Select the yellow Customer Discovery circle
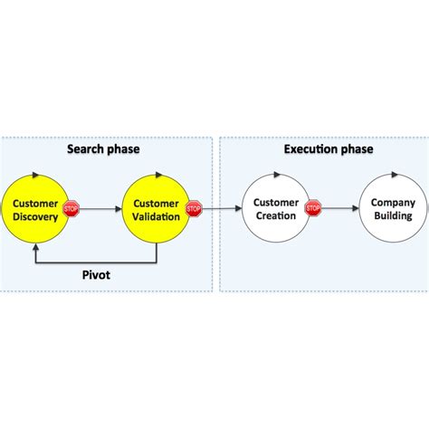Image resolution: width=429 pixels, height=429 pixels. pyautogui.click(x=36, y=209)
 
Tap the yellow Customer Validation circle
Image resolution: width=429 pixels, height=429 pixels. pyautogui.click(x=156, y=209)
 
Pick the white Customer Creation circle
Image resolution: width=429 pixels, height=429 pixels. pyautogui.click(x=275, y=209)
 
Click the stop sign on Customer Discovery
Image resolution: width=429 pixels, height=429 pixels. pyautogui.click(x=71, y=209)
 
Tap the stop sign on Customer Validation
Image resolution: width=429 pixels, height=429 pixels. pyautogui.click(x=193, y=209)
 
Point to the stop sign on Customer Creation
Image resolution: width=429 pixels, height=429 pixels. pyautogui.click(x=313, y=209)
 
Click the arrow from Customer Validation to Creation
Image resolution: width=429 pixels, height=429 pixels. pyautogui.click(x=222, y=209)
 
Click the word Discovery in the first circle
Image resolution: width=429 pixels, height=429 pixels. pyautogui.click(x=36, y=216)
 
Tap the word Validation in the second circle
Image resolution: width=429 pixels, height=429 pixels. pyautogui.click(x=156, y=216)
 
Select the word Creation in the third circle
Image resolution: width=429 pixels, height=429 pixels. pyautogui.click(x=275, y=216)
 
